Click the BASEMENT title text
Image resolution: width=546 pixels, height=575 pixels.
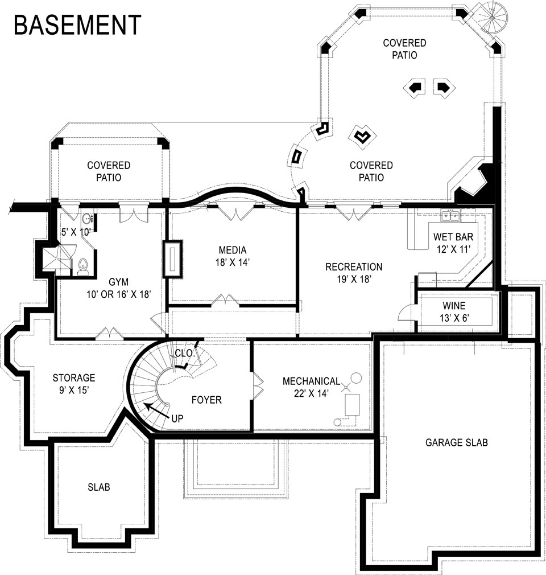(77, 25)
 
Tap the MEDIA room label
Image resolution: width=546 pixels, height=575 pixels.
(232, 250)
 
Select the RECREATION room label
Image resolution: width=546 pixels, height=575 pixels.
(354, 267)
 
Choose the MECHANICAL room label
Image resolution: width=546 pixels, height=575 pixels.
(311, 381)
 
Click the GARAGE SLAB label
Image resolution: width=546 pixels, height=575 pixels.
(456, 442)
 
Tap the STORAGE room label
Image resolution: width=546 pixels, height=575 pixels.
(74, 377)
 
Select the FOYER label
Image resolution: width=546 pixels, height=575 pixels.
(206, 400)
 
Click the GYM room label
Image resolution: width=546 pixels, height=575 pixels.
(119, 281)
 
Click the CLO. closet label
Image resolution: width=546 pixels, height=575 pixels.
(184, 353)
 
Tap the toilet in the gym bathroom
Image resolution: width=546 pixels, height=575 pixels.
(83, 266)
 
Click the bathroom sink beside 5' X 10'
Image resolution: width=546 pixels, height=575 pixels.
(87, 219)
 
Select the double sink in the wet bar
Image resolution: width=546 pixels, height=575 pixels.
(452, 215)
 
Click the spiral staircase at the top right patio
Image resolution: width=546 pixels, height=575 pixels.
(490, 17)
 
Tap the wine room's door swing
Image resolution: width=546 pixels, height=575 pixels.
(406, 313)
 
